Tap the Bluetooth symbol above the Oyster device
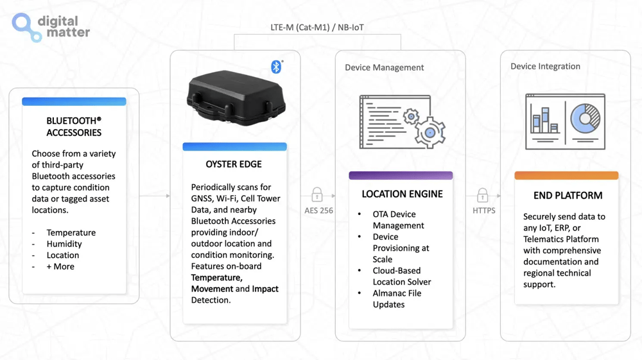[276, 67]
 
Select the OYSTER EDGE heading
[234, 164]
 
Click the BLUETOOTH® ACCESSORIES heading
[74, 126]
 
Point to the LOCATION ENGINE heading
[402, 194]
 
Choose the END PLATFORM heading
[568, 195]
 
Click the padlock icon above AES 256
[317, 194]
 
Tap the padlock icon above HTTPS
[482, 194]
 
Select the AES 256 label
[318, 210]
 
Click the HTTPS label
[483, 210]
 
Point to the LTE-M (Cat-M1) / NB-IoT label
[317, 28]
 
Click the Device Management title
[384, 67]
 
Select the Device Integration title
[545, 66]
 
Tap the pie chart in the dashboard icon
[585, 118]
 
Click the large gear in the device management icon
[429, 132]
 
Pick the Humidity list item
[64, 244]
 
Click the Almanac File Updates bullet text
[397, 298]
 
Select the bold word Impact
[265, 289]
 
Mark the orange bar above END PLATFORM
[566, 175]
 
